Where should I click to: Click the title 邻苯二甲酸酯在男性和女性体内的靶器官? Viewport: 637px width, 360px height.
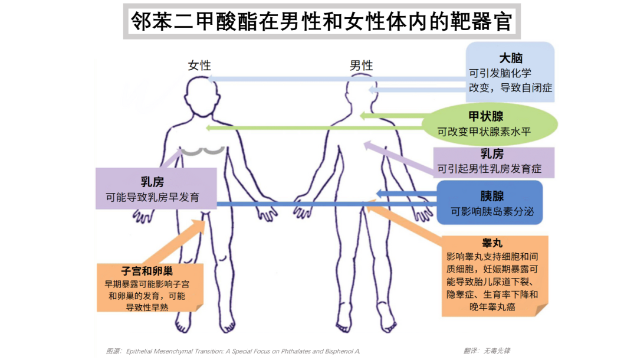click(x=321, y=21)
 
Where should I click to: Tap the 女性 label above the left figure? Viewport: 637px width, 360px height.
click(x=199, y=66)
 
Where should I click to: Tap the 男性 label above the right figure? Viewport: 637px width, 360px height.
click(x=361, y=66)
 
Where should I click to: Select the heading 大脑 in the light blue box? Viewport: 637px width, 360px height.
click(x=511, y=58)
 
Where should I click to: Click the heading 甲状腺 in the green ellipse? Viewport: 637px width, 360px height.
click(x=486, y=117)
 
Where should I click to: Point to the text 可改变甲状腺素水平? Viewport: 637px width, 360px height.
click(x=484, y=132)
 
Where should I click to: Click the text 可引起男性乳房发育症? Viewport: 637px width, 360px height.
click(x=489, y=169)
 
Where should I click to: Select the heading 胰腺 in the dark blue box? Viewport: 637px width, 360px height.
click(x=492, y=197)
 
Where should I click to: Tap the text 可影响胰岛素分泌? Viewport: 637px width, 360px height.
click(x=492, y=211)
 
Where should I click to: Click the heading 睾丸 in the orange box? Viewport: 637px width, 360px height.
click(x=492, y=243)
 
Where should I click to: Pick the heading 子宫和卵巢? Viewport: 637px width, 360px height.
click(x=147, y=271)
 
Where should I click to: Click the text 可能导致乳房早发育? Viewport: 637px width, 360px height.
click(x=153, y=198)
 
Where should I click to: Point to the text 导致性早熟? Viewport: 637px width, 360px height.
click(x=147, y=307)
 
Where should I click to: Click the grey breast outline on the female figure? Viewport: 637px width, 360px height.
click(x=202, y=152)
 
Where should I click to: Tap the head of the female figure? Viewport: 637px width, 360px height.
click(x=202, y=94)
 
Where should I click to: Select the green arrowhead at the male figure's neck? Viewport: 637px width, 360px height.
click(x=363, y=116)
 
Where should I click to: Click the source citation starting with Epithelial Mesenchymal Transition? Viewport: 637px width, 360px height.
click(x=243, y=351)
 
